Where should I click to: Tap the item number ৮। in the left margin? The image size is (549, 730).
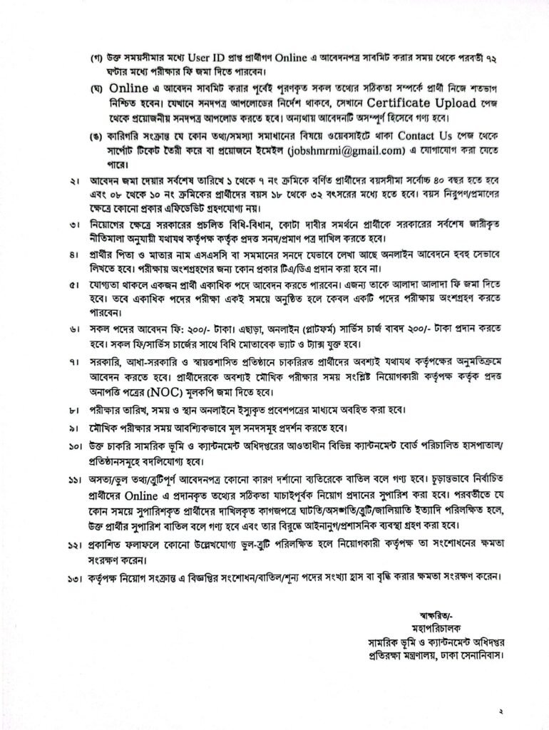click(73, 410)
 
